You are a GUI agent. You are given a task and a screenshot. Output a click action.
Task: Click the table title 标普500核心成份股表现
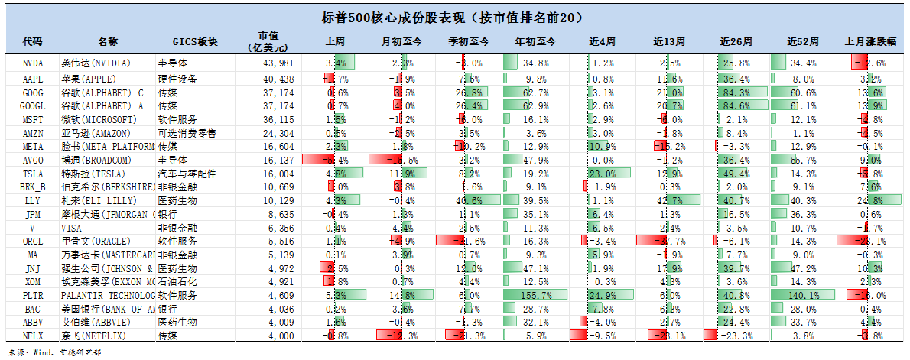[454, 17]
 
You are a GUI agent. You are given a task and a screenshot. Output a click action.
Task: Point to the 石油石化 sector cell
[177, 281]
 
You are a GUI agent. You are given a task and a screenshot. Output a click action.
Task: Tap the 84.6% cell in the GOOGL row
[736, 105]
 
